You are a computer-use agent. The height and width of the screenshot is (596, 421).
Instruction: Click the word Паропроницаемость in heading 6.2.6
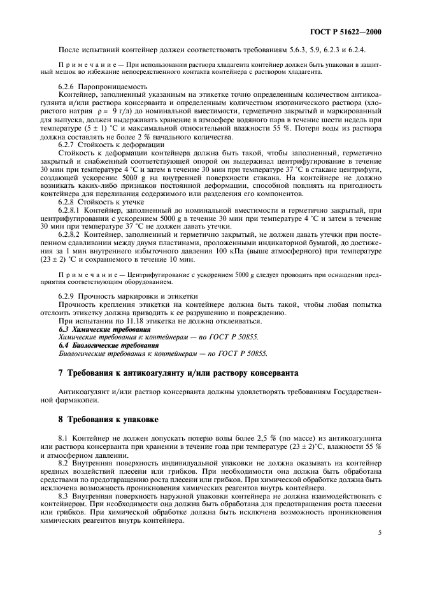click(x=113, y=86)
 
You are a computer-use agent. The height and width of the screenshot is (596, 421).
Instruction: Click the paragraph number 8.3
click(x=64, y=497)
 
